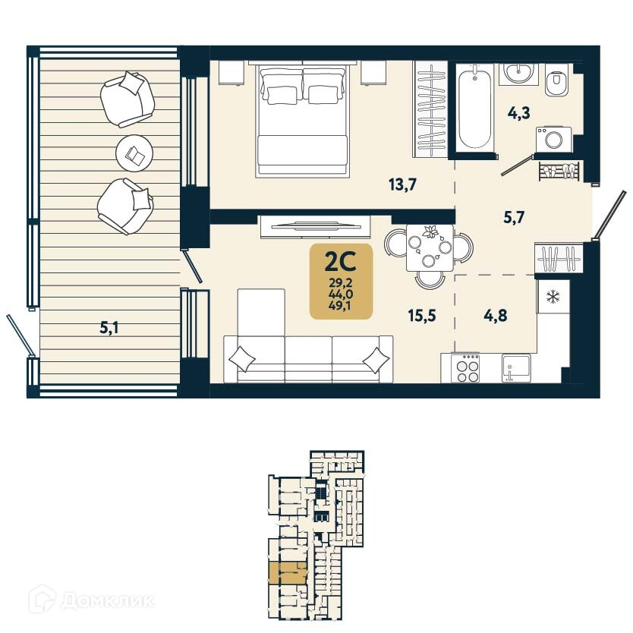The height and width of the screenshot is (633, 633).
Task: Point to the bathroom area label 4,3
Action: point(518,114)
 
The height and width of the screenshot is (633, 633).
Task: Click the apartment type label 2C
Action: point(340,261)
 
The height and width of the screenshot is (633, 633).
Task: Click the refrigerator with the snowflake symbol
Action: point(552,295)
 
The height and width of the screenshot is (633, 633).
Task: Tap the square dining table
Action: point(429,247)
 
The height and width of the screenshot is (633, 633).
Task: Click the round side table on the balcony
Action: point(135,155)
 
